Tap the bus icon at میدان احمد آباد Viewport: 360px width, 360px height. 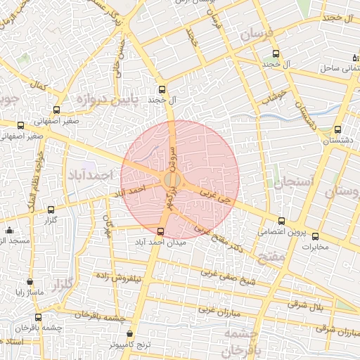[x=161, y=231]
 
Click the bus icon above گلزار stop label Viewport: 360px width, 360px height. [x=51, y=210]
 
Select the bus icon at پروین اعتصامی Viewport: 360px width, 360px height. [x=282, y=221]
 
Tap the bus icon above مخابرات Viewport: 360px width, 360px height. [x=315, y=236]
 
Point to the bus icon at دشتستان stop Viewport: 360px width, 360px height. [x=338, y=130]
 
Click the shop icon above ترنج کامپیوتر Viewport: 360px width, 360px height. [x=129, y=335]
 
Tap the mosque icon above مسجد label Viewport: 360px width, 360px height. [x=9, y=231]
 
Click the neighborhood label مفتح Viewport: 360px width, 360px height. [x=271, y=259]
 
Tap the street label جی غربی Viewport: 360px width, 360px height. [x=215, y=191]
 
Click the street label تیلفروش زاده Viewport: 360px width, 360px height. [x=139, y=278]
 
